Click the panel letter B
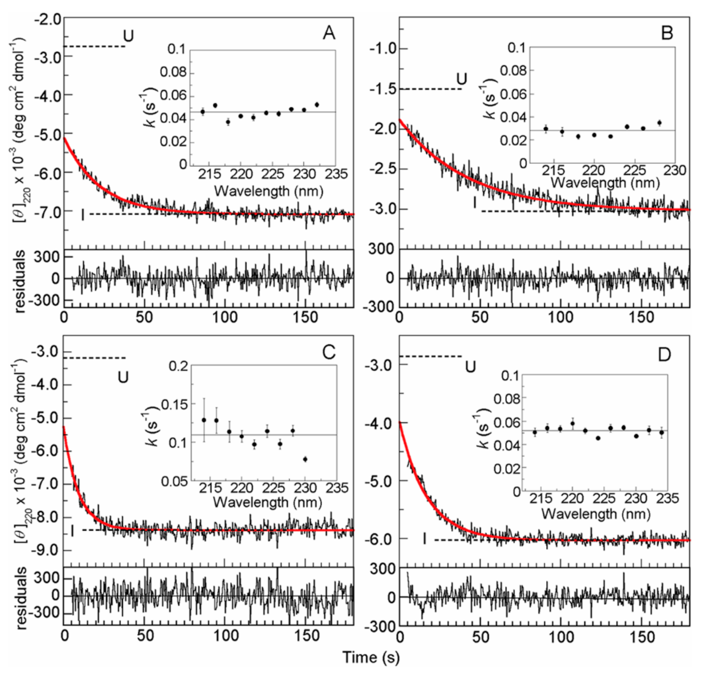pos(667,33)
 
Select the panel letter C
pos(328,353)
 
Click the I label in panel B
pos(475,203)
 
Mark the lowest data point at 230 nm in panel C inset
pos(305,459)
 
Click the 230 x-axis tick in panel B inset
pos(675,171)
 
